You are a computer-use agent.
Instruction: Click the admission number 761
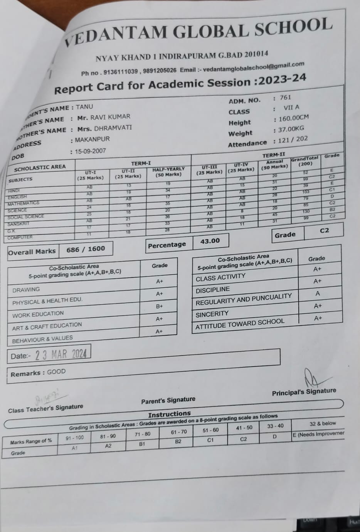pyautogui.click(x=285, y=98)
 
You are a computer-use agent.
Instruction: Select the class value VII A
pyautogui.click(x=291, y=108)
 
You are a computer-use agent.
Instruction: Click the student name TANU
pyautogui.click(x=84, y=107)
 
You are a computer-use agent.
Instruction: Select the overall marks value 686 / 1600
pyautogui.click(x=86, y=249)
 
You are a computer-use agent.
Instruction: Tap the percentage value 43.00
pyautogui.click(x=210, y=241)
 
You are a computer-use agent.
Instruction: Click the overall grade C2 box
pyautogui.click(x=324, y=230)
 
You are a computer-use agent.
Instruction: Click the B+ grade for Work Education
pyautogui.click(x=159, y=306)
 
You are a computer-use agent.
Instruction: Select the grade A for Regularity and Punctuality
pyautogui.click(x=318, y=294)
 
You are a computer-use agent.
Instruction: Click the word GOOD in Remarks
pyautogui.click(x=56, y=372)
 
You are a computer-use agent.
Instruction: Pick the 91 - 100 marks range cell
pyautogui.click(x=74, y=438)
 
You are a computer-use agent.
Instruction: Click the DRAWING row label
pyautogui.click(x=26, y=289)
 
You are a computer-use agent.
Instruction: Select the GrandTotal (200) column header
pyautogui.click(x=304, y=161)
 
